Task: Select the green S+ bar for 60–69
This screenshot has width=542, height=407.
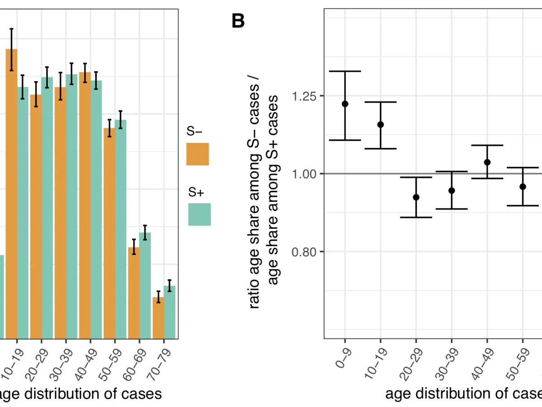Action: point(145,285)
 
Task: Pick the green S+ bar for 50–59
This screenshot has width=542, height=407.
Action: point(121,229)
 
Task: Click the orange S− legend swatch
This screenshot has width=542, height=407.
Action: point(197,154)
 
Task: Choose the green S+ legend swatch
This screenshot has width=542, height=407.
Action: point(199,214)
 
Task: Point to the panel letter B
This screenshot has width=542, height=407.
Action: point(238,21)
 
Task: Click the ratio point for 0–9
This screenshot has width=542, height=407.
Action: point(345,104)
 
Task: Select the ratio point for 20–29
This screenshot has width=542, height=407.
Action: point(416,197)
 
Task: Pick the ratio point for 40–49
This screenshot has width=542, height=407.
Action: point(487,162)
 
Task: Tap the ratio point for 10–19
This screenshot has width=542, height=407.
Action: point(380,124)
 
